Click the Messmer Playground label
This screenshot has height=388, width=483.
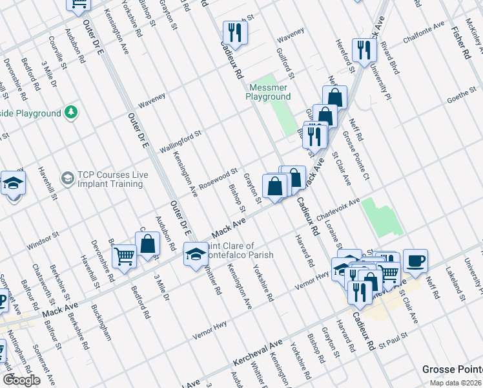(x=268, y=92)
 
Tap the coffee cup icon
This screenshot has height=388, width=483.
(x=415, y=261)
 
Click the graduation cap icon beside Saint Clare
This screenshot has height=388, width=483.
(x=196, y=253)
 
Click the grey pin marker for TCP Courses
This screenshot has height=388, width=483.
(x=67, y=177)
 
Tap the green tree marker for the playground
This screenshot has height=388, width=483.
(x=72, y=113)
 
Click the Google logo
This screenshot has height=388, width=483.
(x=21, y=380)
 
